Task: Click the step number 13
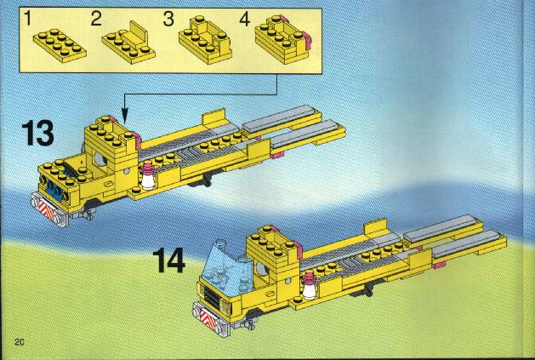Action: coord(38,133)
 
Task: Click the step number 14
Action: coord(169,260)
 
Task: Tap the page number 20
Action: coord(20,342)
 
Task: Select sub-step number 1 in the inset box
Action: coord(27,19)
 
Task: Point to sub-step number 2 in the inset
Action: coord(96,19)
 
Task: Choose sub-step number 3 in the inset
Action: coord(168,19)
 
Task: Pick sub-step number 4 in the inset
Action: coord(245,19)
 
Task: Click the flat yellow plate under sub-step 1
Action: coord(60,45)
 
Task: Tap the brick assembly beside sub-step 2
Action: coord(128,43)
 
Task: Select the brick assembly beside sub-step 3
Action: coord(205,40)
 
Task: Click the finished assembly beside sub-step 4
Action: coord(283,40)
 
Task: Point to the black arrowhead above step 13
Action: coord(125,115)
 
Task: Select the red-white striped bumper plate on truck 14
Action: coord(208,321)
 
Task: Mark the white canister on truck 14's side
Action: coord(310,286)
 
